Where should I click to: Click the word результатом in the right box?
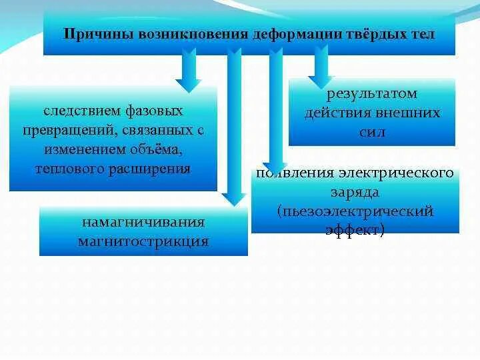pos(371,94)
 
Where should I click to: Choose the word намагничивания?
pos(143,221)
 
